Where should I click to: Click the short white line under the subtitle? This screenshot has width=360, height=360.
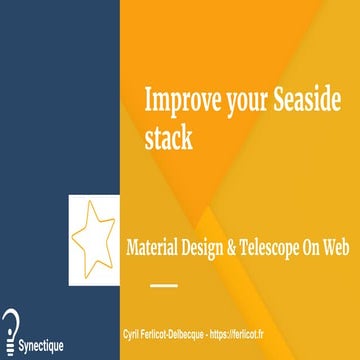[162, 283]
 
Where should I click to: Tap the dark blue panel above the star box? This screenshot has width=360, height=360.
[60, 100]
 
